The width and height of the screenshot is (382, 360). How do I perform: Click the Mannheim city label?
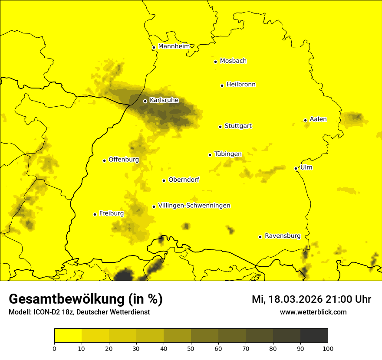tap(174, 46)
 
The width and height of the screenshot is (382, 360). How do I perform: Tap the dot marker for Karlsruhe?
tap(145, 101)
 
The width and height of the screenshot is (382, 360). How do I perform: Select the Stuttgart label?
tap(238, 126)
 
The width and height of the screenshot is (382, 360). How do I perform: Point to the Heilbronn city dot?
tap(222, 85)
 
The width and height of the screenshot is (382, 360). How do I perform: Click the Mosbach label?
tap(233, 61)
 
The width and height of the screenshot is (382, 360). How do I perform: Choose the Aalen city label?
tap(318, 119)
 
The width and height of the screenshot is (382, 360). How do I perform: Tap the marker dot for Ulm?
tap(296, 168)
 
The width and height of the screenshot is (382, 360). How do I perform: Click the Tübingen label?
tap(228, 154)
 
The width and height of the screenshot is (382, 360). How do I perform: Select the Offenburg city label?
tap(124, 160)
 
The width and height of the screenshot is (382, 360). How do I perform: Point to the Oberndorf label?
tap(184, 180)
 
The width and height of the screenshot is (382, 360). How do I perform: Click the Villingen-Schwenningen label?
tap(194, 206)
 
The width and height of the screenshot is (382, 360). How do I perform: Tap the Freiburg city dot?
tap(95, 214)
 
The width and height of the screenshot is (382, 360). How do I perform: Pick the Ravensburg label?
tap(283, 236)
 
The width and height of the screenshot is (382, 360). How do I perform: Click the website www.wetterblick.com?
tap(313, 312)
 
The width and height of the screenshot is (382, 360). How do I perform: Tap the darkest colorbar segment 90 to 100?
tap(314, 335)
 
